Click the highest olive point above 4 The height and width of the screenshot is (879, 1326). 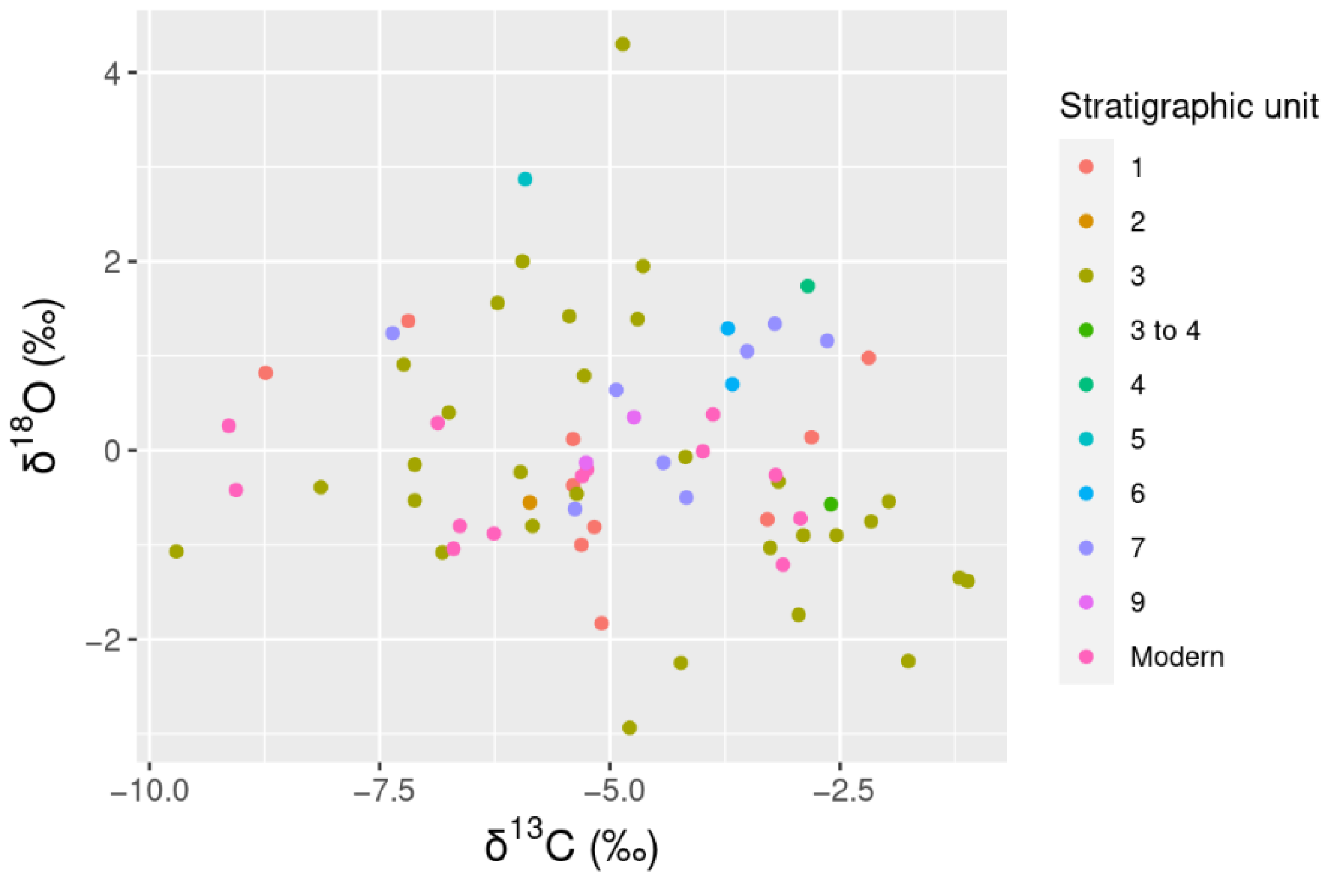click(622, 44)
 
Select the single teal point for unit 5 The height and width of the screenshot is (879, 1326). click(525, 180)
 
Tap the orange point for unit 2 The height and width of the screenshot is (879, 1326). click(529, 502)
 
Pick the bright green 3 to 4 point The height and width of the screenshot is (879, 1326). click(831, 504)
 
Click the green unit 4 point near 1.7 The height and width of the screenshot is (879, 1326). click(807, 286)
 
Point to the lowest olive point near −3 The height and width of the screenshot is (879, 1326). click(629, 727)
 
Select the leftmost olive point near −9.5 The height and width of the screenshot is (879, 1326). click(176, 552)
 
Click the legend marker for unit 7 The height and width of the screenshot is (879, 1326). click(1086, 548)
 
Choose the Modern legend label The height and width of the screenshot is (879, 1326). click(1177, 657)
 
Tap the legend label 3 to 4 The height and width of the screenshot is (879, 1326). click(1165, 330)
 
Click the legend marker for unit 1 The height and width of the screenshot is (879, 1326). click(1086, 167)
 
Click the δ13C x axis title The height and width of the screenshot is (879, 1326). click(572, 847)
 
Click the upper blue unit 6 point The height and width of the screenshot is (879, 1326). click(727, 328)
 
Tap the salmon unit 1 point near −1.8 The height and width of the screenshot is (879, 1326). click(601, 623)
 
